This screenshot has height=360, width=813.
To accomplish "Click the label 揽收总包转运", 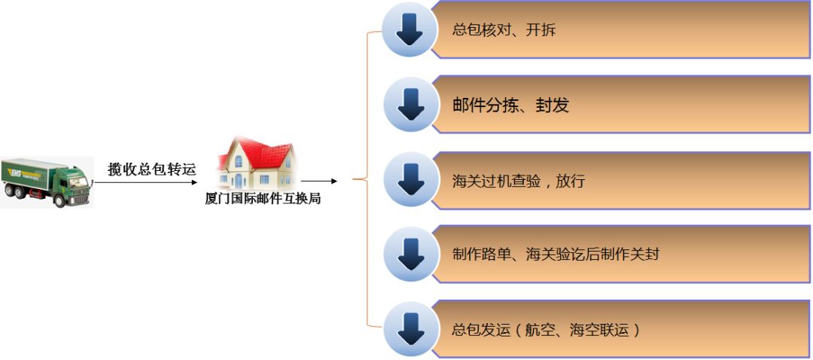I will pos(152,169).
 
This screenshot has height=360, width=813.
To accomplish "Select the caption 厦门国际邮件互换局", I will pos(263,200).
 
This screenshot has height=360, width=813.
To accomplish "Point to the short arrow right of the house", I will pos(319,181).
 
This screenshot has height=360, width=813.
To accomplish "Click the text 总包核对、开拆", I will pos(504,31).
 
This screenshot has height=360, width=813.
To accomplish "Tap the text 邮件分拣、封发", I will pos(510,105).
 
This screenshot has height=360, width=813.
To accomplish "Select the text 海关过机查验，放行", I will pos(518,181).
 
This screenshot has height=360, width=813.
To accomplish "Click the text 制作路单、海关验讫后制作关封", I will pos(556,255).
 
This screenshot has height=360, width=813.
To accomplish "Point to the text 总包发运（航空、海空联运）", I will pos(547,329).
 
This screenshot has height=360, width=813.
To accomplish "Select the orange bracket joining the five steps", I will pos(367,180).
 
